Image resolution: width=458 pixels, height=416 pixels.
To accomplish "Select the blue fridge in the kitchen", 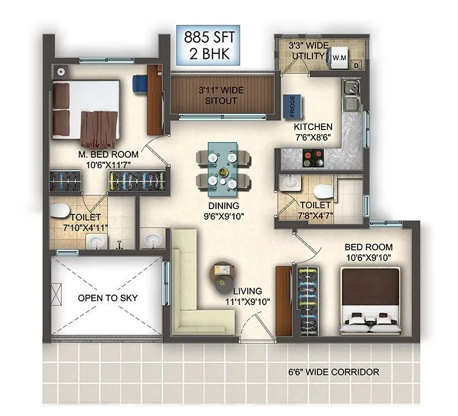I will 289,107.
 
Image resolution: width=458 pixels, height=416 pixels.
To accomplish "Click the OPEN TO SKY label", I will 107,298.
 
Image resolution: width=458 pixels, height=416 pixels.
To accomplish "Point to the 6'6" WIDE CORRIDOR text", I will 333,372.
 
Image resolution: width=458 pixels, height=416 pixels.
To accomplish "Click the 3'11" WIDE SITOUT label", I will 218,95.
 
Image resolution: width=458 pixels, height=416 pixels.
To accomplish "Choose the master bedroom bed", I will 87,113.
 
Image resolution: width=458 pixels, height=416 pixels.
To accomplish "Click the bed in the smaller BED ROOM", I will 369,300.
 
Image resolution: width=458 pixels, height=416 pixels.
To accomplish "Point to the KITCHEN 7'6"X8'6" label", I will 313,132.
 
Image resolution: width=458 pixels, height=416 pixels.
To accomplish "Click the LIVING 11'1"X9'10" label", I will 247,296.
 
